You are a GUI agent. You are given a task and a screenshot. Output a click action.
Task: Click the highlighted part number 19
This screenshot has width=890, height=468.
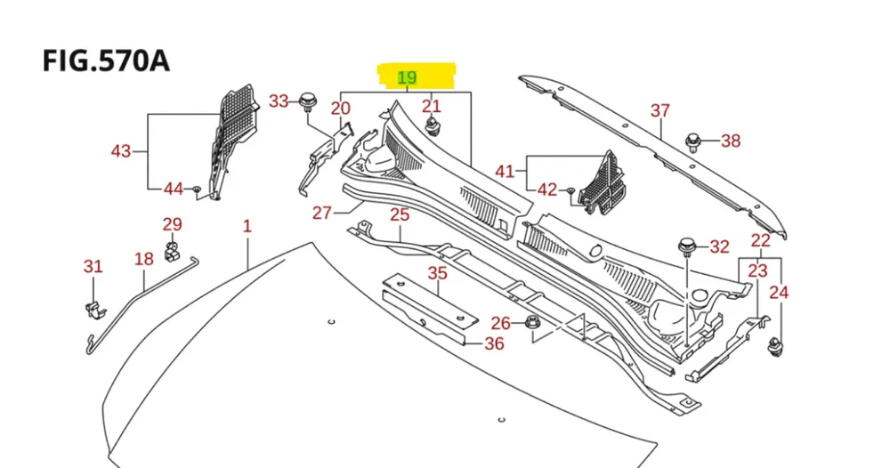(x=408, y=77)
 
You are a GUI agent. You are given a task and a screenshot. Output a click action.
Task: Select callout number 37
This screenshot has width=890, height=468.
(x=659, y=110)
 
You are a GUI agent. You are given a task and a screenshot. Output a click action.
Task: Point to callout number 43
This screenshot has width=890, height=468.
(x=121, y=151)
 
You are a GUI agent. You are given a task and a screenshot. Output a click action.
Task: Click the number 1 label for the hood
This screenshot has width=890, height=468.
(x=247, y=226)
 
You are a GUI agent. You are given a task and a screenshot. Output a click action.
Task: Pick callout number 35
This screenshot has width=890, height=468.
(x=437, y=273)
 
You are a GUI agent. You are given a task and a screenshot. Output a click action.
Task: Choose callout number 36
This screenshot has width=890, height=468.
(x=494, y=343)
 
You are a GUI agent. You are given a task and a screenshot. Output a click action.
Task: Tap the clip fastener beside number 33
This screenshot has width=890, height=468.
(x=309, y=100)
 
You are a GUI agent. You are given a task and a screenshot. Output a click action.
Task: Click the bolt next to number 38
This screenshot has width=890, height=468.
(x=692, y=141)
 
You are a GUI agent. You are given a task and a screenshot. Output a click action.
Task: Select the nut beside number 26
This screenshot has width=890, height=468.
(x=532, y=324)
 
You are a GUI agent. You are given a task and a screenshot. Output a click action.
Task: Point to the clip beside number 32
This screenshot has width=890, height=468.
(x=687, y=246)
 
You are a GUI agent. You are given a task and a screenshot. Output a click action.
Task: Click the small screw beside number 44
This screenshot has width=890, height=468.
(x=198, y=190)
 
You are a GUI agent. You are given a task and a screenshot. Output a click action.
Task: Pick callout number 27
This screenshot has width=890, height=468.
(x=322, y=213)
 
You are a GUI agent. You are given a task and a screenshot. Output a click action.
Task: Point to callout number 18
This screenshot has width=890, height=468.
(x=144, y=259)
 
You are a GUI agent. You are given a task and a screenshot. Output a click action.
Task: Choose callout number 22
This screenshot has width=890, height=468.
(x=760, y=240)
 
